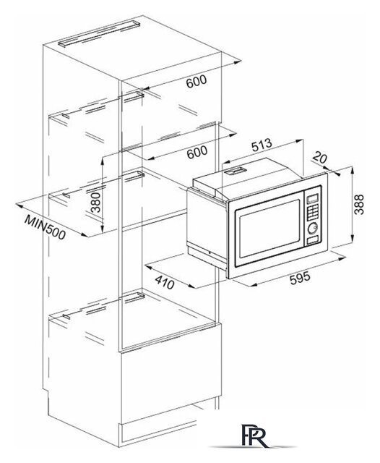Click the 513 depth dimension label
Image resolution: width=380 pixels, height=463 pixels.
(x=262, y=145)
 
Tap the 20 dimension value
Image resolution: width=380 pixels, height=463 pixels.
(x=319, y=158)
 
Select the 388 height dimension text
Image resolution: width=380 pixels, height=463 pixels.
(x=359, y=204)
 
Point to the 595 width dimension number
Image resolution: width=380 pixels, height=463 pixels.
(x=300, y=278)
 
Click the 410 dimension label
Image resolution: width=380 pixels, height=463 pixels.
(x=165, y=282)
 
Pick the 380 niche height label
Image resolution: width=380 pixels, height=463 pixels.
(x=95, y=203)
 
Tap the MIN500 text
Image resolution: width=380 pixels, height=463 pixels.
(x=45, y=226)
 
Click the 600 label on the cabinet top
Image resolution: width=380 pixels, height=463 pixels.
(x=197, y=81)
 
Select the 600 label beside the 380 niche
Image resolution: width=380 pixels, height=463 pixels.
(x=197, y=152)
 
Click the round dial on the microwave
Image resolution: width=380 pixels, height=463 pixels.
(x=312, y=228)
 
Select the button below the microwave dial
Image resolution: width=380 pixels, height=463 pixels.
(x=312, y=240)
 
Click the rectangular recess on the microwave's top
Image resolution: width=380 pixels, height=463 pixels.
(x=234, y=171)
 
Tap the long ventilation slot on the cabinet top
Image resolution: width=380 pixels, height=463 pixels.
(x=99, y=33)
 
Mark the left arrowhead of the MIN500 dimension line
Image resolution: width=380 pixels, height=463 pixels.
(x=19, y=204)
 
